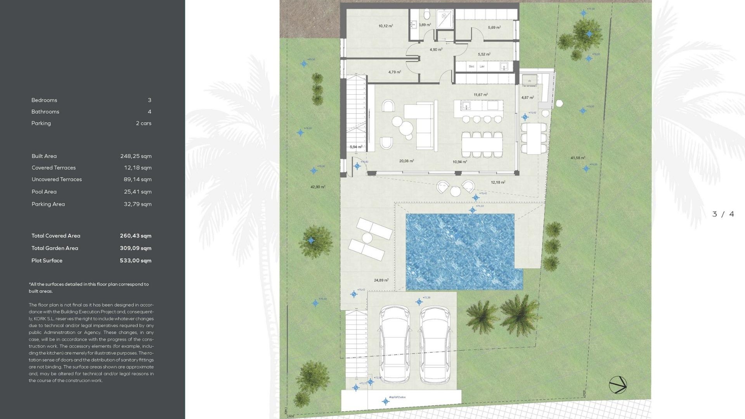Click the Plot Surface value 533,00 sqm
click(135, 261)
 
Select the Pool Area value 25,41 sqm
click(137, 192)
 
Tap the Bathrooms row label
click(45, 112)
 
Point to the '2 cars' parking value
click(144, 123)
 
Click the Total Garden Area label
click(55, 248)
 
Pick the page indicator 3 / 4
click(723, 214)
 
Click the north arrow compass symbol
click(618, 385)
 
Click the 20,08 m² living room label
click(406, 161)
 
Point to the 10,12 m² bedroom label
click(386, 26)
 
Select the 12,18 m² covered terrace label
click(498, 182)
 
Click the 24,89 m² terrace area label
click(381, 280)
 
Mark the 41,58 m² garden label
click(578, 158)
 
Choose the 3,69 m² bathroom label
click(425, 25)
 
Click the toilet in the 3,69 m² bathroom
click(427, 15)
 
